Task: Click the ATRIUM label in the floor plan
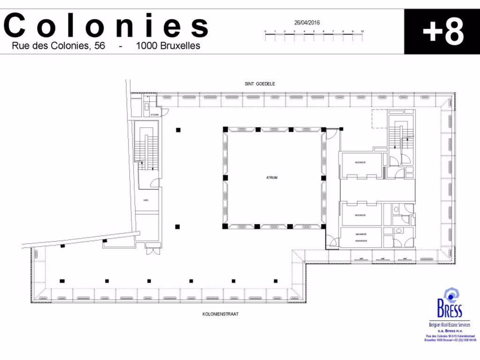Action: pyautogui.click(x=272, y=178)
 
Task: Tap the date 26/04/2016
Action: pyautogui.click(x=307, y=22)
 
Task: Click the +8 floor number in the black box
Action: pyautogui.click(x=442, y=32)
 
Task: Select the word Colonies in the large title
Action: pyautogui.click(x=106, y=26)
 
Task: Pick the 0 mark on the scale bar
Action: pyautogui.click(x=265, y=31)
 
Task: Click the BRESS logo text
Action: pyautogui.click(x=449, y=310)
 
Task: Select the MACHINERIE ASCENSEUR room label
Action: pyautogui.click(x=360, y=237)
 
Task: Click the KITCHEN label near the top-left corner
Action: pyautogui.click(x=155, y=114)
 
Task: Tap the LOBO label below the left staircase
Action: pyautogui.click(x=146, y=200)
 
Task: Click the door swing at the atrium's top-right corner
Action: pyautogui.click(x=330, y=134)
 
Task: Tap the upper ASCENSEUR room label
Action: pyautogui.click(x=360, y=162)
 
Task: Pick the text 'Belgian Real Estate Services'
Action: pyautogui.click(x=449, y=325)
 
